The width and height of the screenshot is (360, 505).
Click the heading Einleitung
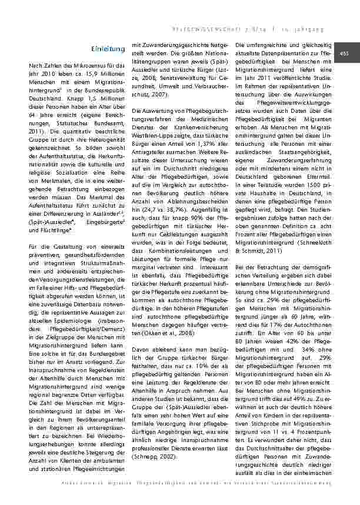(x=109, y=47)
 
